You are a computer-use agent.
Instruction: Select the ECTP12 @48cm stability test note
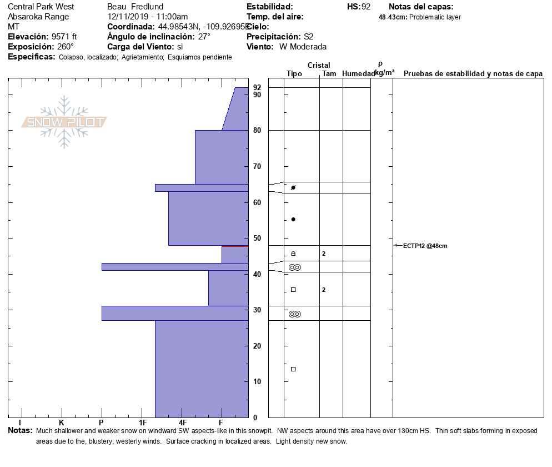pos(425,246)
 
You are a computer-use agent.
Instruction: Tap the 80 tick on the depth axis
pos(257,131)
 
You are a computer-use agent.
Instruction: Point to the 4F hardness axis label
pos(183,423)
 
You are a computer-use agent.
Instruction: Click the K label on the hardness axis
pos(62,423)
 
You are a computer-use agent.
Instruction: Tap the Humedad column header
pos(358,73)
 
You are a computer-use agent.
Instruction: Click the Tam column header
pos(329,73)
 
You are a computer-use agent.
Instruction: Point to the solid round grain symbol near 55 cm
pos(293,220)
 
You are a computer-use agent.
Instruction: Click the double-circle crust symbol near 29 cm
pos(295,314)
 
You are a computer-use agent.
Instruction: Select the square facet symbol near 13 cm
pos(293,369)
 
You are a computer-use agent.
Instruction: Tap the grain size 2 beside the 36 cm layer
pos(323,290)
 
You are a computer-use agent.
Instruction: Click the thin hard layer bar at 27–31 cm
pos(175,313)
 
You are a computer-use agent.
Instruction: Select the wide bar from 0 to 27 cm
pos(202,369)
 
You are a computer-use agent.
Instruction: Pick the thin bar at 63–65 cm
pos(202,188)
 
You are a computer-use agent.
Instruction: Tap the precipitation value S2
pos(309,37)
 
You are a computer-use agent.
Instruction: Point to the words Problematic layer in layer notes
pos(435,17)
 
